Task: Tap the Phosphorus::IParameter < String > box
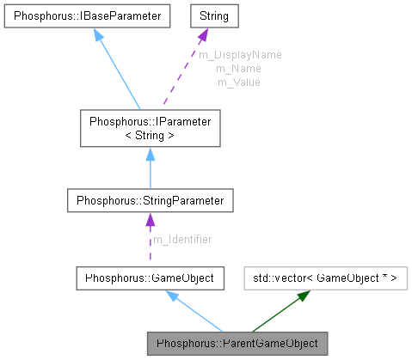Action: tap(150, 128)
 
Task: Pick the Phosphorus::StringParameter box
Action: tap(150, 201)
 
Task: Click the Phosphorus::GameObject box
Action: tap(150, 278)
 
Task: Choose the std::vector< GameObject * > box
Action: tap(325, 278)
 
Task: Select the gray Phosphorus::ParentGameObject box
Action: tap(237, 344)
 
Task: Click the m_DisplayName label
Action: tap(240, 54)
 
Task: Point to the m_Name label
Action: tap(238, 68)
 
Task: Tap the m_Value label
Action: tap(238, 82)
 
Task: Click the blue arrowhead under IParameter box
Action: tap(150, 154)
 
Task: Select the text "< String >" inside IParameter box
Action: tap(150, 135)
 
